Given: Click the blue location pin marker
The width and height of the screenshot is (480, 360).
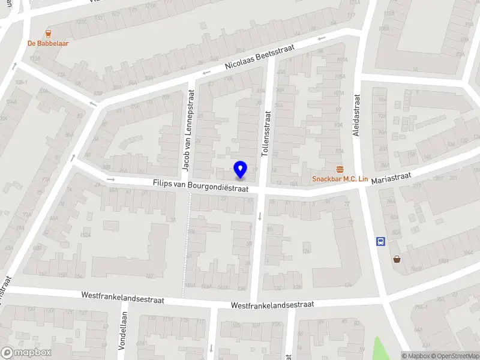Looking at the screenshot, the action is pos(240,169).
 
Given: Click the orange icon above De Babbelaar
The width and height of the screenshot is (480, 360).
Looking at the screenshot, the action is pos(47,34).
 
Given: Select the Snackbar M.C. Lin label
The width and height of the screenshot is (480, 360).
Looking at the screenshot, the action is pos(339,179).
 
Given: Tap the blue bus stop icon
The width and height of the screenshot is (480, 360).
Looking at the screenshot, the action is pos(380,241).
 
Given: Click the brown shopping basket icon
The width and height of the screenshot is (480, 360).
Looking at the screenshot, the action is pos(397,259).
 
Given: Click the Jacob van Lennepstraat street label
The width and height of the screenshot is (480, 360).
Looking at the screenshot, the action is pos(188,129).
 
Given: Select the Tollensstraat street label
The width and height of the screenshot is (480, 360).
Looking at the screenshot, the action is pos(267,133).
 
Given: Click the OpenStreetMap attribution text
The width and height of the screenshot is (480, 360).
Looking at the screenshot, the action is pos(449,356).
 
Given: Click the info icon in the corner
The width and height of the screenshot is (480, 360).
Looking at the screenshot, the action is pos(404,356).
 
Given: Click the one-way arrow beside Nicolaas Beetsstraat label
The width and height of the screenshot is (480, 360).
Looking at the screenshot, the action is pos(206,73).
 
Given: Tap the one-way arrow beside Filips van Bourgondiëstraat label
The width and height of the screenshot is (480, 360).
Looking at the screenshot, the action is pos(110,179).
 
